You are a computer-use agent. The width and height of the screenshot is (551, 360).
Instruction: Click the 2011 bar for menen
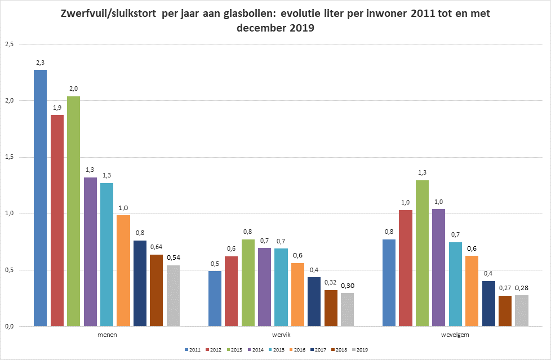[40, 198]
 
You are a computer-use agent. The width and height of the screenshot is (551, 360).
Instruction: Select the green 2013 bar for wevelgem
[422, 253]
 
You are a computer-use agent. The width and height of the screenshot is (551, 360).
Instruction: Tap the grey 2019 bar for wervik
[348, 309]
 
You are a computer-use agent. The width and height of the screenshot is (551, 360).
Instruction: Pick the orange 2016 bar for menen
[123, 270]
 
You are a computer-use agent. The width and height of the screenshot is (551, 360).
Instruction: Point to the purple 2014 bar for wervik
[264, 287]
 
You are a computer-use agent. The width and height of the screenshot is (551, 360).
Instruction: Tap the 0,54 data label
[173, 257]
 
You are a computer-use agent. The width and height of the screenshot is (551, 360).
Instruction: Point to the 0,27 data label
[505, 289]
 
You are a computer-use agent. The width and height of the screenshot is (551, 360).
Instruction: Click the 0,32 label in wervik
[331, 283]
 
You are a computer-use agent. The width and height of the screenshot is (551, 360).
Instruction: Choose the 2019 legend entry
[359, 350]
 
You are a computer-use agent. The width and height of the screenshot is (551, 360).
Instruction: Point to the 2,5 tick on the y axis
[10, 44]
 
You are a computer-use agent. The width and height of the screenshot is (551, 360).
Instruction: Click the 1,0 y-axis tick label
[10, 214]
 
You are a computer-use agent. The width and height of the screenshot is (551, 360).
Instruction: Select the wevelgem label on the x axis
[455, 335]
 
